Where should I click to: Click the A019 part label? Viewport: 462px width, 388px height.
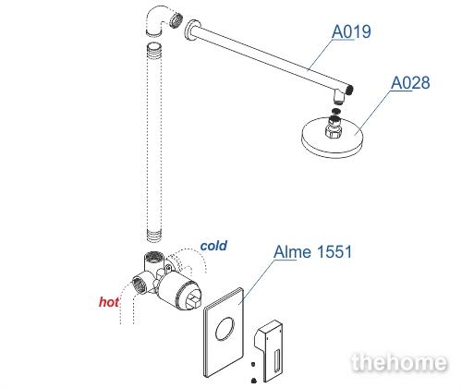click(351, 31)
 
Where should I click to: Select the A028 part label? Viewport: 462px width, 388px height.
click(410, 83)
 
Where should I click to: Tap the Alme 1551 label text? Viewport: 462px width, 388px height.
click(312, 252)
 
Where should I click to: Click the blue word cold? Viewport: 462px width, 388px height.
click(213, 246)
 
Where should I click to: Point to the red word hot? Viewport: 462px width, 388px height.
click(109, 302)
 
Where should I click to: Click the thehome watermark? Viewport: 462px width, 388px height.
click(399, 362)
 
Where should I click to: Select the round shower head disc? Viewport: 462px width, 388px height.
click(333, 138)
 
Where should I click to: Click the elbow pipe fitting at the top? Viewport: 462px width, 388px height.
click(164, 21)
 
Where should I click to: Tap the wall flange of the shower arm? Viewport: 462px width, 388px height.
click(193, 30)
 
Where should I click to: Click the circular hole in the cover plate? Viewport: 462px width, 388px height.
click(225, 329)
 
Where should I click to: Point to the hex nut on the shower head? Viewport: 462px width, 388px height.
click(334, 131)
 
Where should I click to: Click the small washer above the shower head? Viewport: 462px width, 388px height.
click(336, 111)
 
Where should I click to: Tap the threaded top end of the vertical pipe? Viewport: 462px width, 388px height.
click(154, 47)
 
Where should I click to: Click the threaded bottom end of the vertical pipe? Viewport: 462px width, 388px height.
click(154, 236)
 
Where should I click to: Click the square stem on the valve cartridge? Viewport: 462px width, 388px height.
click(193, 300)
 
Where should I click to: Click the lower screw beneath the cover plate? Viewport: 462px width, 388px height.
click(253, 380)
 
